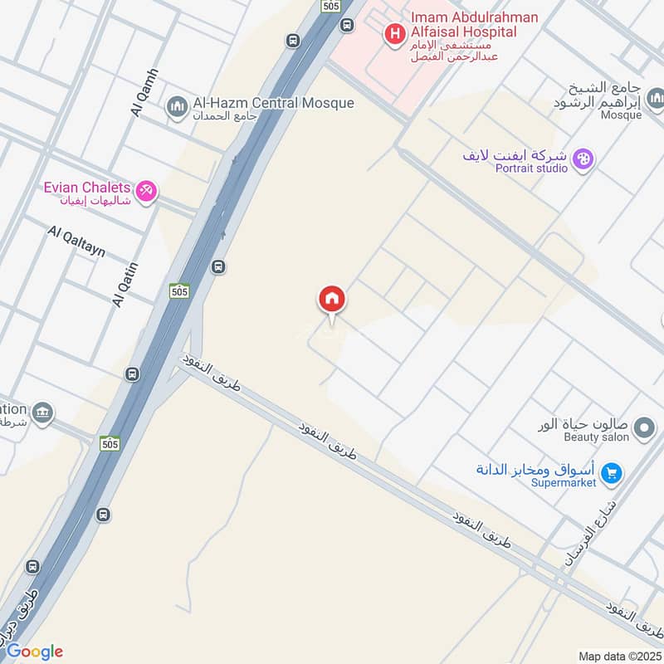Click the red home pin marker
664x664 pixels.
point(332,300)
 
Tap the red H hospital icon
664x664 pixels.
point(393,34)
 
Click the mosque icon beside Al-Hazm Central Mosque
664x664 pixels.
point(177,105)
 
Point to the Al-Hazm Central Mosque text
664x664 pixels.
point(273,103)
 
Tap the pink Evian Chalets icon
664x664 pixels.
point(146,190)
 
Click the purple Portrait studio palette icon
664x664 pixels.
point(583,158)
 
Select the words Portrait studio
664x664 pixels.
point(531,168)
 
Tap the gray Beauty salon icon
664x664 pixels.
point(642,427)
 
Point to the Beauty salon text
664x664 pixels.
point(596,437)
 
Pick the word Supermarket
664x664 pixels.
point(564,483)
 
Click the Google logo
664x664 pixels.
point(33,652)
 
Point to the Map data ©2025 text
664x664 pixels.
point(618,656)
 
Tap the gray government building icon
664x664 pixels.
point(42,411)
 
